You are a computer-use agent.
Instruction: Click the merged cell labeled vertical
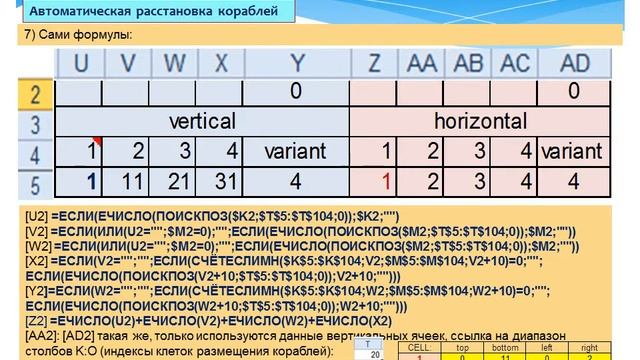coord(201,122)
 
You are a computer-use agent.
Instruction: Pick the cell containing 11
coord(133,183)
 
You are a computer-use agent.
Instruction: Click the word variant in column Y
coord(295,153)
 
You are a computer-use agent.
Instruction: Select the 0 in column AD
coord(573,93)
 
